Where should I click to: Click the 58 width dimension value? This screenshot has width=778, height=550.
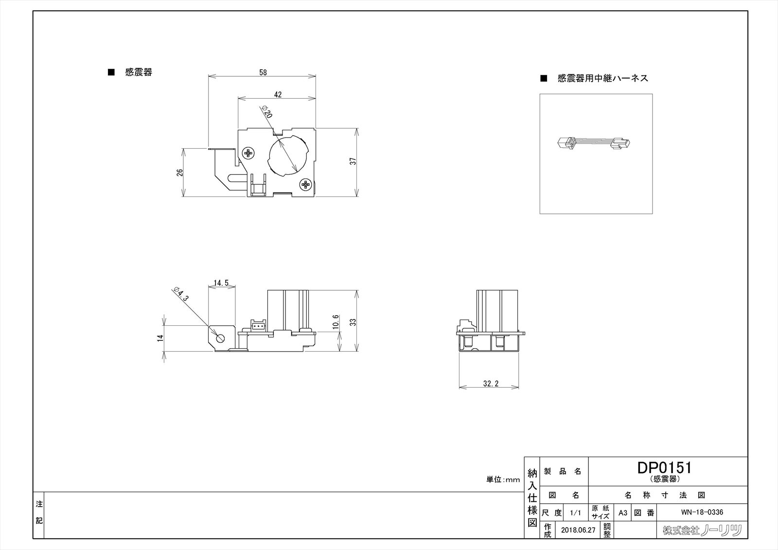pyautogui.click(x=263, y=72)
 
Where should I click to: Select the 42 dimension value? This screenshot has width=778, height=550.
pyautogui.click(x=278, y=95)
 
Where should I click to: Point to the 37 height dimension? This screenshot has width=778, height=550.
pyautogui.click(x=354, y=160)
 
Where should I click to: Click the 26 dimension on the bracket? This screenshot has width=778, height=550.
pyautogui.click(x=179, y=172)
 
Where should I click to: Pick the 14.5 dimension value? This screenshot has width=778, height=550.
pyautogui.click(x=221, y=283)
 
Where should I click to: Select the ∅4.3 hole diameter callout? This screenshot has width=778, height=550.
pyautogui.click(x=180, y=294)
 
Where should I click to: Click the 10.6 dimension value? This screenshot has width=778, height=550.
pyautogui.click(x=335, y=322)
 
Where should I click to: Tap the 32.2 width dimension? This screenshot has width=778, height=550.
pyautogui.click(x=491, y=383)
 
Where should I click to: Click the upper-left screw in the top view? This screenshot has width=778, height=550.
pyautogui.click(x=249, y=153)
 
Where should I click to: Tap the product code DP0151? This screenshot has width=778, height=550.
pyautogui.click(x=664, y=467)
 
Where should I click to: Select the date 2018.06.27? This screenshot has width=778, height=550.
pyautogui.click(x=577, y=530)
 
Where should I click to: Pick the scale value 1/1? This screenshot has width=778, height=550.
pyautogui.click(x=575, y=513)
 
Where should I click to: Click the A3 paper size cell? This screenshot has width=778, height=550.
pyautogui.click(x=622, y=512)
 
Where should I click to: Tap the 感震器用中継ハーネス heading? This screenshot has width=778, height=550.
pyautogui.click(x=602, y=78)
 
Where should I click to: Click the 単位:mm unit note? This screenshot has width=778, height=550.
pyautogui.click(x=503, y=479)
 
